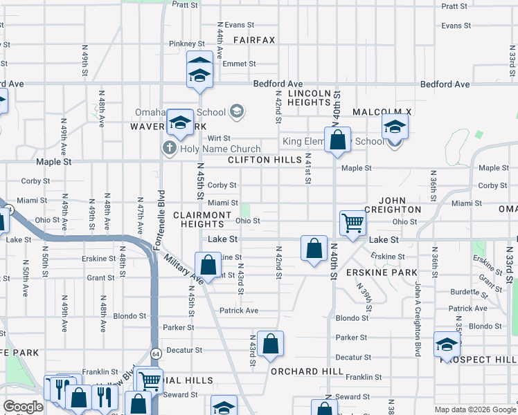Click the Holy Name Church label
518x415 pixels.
[x=220, y=149]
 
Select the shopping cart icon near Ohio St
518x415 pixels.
[x=352, y=223]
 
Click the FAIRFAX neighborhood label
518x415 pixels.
[x=254, y=40]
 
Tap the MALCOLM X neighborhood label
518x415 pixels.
[x=382, y=112]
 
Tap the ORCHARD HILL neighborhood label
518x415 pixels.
[x=298, y=371]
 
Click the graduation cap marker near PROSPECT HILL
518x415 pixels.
[x=447, y=344]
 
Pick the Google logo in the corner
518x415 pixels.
[x=23, y=407]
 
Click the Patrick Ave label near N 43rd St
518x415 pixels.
[x=239, y=311]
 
